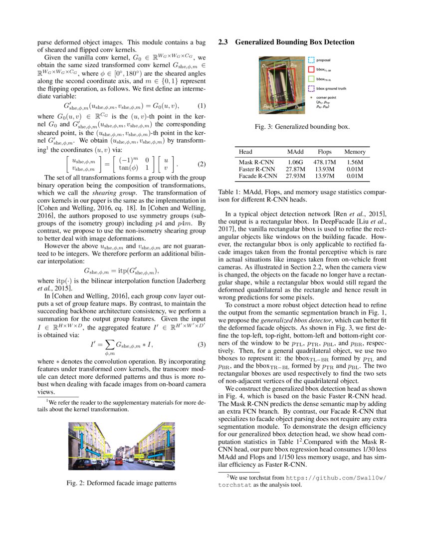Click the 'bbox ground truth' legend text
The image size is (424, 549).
tap(332, 88)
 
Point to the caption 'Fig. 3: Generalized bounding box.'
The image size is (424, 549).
tap(302, 127)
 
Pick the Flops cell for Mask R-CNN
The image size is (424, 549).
tap(325, 162)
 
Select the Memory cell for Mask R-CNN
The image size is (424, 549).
tap(354, 162)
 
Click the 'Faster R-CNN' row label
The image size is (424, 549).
tap(257, 169)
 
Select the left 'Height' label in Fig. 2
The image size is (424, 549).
tap(79, 429)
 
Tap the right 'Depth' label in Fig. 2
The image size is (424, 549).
tap(139, 456)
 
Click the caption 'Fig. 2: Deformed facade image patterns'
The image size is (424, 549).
tap(121, 483)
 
